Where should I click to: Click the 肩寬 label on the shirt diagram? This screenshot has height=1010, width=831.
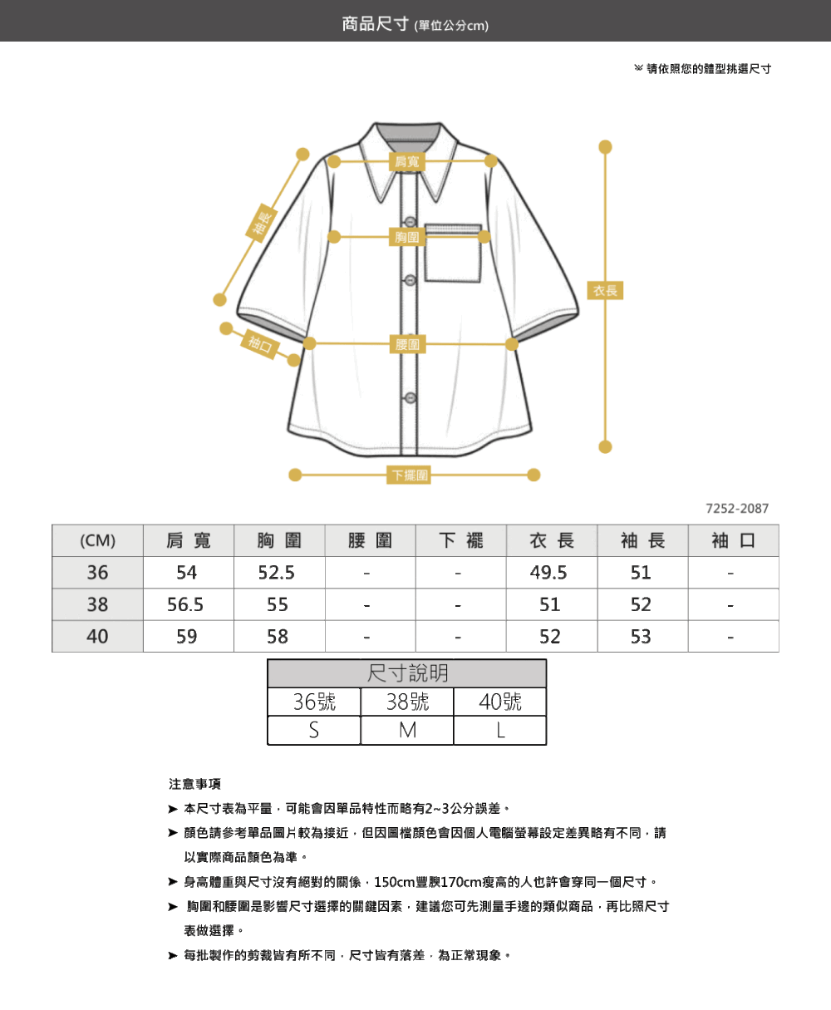pos(407,162)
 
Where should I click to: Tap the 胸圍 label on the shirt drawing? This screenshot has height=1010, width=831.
pos(407,237)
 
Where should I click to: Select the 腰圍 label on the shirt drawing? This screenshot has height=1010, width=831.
pos(407,344)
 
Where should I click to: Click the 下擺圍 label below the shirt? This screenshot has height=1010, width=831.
pos(409,475)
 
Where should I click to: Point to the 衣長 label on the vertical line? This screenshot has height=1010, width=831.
pos(605,290)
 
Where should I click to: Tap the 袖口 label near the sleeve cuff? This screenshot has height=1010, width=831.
pos(260,344)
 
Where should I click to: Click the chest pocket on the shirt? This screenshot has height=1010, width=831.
pos(453,253)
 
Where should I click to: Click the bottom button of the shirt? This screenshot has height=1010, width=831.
pos(411,397)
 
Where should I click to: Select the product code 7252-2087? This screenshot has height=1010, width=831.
pos(737,508)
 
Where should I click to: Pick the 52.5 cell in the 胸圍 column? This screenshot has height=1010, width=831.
pos(276,572)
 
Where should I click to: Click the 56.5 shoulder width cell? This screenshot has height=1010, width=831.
pos(185,604)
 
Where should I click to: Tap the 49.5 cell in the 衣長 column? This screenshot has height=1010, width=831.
pos(548,572)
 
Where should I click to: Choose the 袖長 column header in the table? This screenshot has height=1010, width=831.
pos(642,540)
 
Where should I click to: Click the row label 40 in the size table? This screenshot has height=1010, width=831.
pos(97,637)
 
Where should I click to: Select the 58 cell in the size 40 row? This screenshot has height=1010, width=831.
pos(278,637)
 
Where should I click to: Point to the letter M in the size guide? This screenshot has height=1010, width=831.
pos(407,731)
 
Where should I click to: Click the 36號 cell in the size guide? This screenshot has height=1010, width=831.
pos(314,702)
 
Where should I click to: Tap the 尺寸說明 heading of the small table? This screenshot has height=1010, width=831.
pos(407,673)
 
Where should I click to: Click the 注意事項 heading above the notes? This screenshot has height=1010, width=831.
pos(194,784)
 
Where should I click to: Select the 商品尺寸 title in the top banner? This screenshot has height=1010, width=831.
pos(375,24)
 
